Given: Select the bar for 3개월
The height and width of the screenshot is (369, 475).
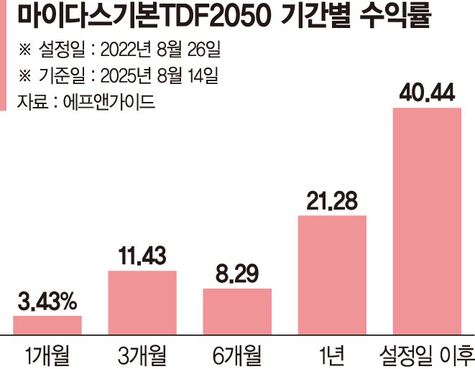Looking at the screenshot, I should point(142,302).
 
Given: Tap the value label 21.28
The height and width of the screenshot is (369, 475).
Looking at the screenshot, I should point(332,201).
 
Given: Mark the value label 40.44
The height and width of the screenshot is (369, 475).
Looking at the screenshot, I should point(427,93).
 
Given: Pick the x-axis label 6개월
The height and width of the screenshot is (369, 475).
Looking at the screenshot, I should point(237,353).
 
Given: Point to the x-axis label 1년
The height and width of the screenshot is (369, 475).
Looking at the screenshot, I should point(332,353).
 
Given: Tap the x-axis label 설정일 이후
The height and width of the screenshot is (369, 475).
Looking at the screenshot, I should point(427,353).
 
